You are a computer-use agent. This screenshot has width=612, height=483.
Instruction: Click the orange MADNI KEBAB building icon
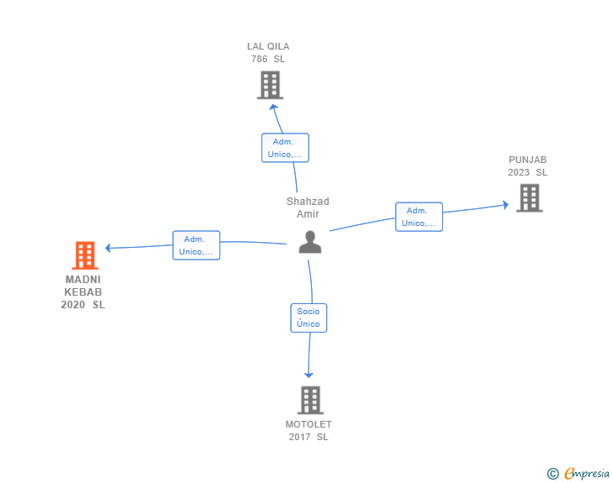[x=85, y=255]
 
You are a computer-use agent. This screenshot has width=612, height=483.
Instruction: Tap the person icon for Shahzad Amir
[x=310, y=242]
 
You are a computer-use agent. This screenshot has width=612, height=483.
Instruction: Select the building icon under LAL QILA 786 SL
[x=270, y=85]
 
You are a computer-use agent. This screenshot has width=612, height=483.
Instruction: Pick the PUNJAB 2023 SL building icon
[x=530, y=198]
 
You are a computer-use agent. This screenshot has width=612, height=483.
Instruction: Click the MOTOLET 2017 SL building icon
[x=311, y=400]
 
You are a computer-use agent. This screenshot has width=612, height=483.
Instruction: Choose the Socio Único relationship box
[x=309, y=318]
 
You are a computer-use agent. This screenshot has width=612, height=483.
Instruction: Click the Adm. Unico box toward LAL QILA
[x=285, y=148]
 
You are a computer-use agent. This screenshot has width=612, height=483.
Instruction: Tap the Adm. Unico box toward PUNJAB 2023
[x=419, y=217]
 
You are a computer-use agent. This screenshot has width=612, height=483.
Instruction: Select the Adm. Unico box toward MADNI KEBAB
[x=197, y=245]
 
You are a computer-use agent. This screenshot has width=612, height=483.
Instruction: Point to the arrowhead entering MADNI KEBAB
[x=108, y=248]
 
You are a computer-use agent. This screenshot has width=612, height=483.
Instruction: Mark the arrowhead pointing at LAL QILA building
[x=273, y=107]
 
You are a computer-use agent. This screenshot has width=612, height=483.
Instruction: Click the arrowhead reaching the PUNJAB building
[x=506, y=204]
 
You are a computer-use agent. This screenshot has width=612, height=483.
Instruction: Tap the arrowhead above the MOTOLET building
[x=309, y=375]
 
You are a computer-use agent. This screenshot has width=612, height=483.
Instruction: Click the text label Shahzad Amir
[x=308, y=207]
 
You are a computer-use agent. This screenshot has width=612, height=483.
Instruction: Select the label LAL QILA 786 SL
[x=268, y=53]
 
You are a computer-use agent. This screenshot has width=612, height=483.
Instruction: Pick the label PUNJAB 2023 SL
[x=528, y=165]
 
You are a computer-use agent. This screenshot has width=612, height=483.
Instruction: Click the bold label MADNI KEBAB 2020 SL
[x=83, y=291]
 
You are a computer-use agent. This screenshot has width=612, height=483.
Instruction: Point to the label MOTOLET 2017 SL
[x=309, y=430]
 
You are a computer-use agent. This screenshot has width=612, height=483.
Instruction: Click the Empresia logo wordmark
[x=587, y=473]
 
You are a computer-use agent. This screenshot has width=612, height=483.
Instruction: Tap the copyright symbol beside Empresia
[x=553, y=474]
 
